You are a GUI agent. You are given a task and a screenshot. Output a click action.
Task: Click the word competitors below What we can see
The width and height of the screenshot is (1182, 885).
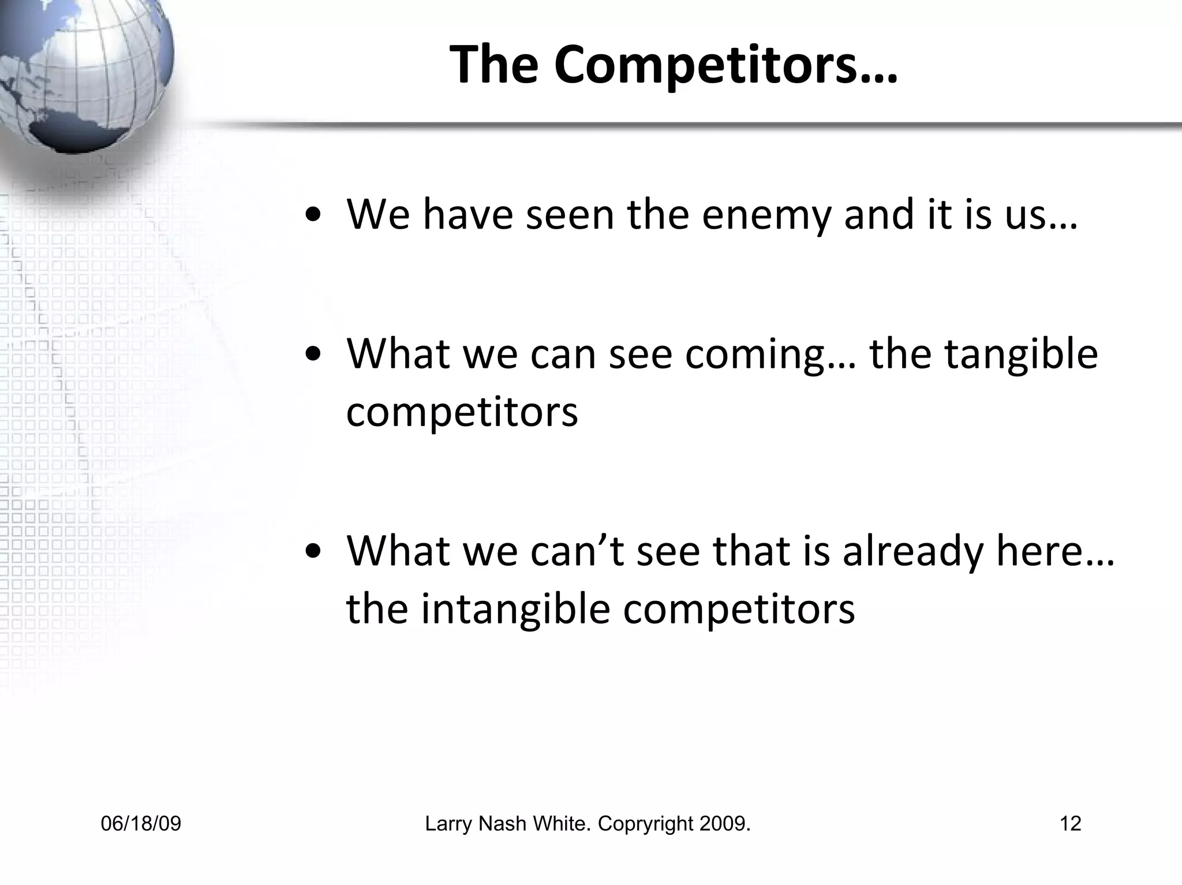click(462, 412)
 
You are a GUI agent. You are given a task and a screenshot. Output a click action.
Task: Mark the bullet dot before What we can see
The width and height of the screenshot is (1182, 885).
click(314, 356)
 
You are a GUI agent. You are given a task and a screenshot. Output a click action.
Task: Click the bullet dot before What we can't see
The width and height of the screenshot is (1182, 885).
click(314, 552)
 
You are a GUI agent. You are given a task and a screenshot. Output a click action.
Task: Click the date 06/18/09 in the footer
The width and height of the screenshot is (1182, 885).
click(141, 824)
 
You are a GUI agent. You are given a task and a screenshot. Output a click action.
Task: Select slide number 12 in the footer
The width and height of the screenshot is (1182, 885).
click(1070, 824)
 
